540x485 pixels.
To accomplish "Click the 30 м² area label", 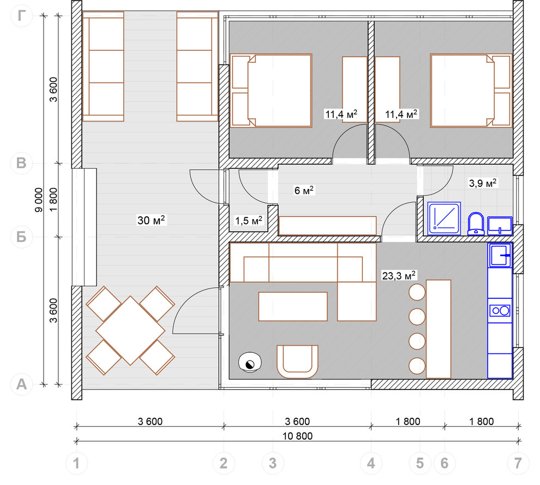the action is click(x=151, y=220).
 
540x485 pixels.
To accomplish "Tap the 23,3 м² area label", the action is click(x=399, y=276).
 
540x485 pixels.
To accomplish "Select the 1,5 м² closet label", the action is click(x=249, y=221).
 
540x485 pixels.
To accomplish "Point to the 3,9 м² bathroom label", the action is click(x=483, y=183).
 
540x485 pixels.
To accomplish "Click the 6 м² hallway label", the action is click(x=304, y=190).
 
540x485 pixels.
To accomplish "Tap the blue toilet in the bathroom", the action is click(x=476, y=223).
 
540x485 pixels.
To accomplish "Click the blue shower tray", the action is click(x=444, y=218).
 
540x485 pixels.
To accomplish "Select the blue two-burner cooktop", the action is click(x=500, y=311).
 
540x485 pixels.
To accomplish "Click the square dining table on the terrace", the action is click(x=130, y=330).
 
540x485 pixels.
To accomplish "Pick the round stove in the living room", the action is click(x=250, y=363).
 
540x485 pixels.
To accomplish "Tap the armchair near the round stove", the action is click(x=297, y=362).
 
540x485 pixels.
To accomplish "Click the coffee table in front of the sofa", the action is click(x=293, y=306).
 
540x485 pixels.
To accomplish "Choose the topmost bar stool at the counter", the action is click(x=417, y=292).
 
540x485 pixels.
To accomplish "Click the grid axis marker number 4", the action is click(x=371, y=463).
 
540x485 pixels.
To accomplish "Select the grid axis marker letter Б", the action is click(x=21, y=237).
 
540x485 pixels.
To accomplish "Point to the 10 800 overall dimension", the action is click(x=298, y=436).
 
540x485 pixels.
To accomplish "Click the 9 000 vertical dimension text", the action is click(x=39, y=200).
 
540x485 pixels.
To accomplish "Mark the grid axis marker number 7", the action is click(x=518, y=463).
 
